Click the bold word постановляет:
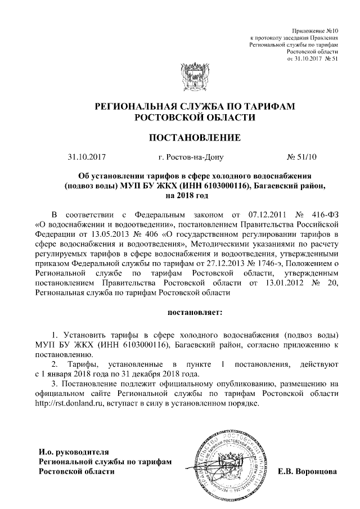coord(195,310)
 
